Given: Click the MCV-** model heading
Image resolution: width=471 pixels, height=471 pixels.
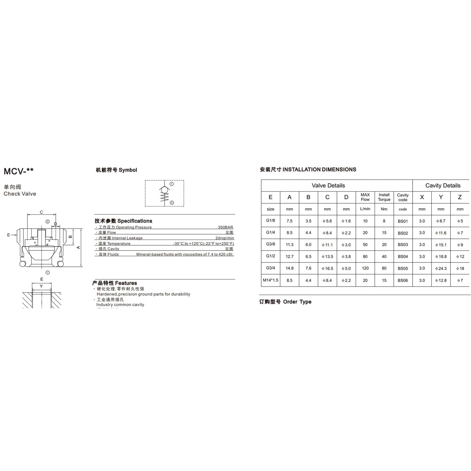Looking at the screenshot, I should pos(19,171).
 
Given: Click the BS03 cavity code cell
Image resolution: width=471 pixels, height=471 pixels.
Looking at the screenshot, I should pos(403,245).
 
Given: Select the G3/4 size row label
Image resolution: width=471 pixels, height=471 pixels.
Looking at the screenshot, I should pos(270,268).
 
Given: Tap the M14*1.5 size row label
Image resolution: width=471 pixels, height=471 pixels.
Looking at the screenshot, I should pos(270,280).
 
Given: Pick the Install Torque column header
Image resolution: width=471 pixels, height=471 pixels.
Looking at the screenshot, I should pos(384,197).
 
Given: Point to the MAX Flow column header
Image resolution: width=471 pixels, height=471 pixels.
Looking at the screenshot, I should pos(365,197).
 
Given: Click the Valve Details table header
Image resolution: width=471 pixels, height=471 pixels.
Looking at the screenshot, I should pos(328,186).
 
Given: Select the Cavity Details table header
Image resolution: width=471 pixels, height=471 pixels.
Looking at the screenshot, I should pos(443,186).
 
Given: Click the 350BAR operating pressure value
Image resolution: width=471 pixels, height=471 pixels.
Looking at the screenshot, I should pos(225,227).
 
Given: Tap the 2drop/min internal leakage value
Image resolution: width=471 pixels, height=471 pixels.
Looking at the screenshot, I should pos(225,238).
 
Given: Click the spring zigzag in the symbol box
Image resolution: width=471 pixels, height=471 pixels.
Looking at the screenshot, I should pos(165,197).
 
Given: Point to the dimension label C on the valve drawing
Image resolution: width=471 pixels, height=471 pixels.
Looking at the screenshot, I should pos(41,212).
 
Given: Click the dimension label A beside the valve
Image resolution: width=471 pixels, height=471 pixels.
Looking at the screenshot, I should pos(78,247).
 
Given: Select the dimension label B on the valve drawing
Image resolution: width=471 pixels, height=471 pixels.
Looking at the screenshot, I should pos(71,237).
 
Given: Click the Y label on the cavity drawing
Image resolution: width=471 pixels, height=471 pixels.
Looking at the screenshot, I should pos(41,286).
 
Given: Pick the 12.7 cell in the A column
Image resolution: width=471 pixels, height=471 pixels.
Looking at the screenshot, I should pos(290,257).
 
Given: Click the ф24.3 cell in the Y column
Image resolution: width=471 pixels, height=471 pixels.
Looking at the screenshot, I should pos(441,268).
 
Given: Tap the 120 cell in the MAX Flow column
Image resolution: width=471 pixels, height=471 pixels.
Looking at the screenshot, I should pos(365,268).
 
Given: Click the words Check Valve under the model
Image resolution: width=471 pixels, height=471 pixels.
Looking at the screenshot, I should pos(20,194).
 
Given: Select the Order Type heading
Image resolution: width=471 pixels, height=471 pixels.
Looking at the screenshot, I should pos(285,302).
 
